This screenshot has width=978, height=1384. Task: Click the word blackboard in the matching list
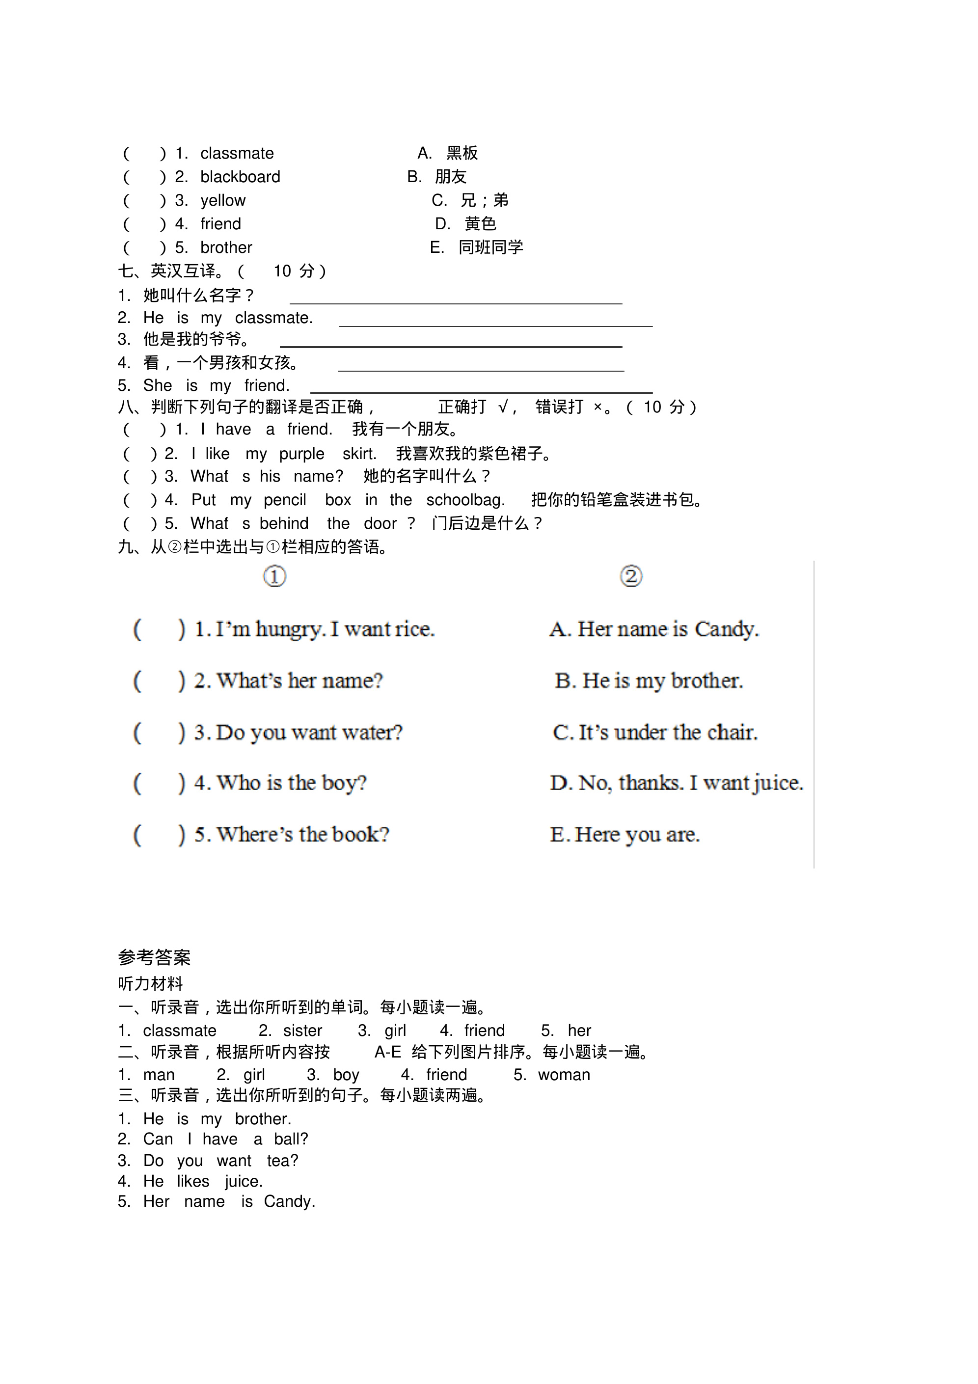point(240,177)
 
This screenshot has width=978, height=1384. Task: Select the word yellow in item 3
point(222,200)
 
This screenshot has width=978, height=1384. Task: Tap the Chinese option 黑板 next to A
point(462,153)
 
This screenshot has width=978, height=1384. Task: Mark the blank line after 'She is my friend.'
point(481,391)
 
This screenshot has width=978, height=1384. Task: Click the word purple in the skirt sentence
point(301,454)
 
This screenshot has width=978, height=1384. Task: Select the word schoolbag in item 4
point(465,500)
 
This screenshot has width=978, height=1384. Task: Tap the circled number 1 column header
point(274,576)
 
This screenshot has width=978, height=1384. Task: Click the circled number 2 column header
point(631,576)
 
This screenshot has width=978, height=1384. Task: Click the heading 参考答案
point(154,957)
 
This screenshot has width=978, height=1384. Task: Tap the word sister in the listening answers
point(303,1031)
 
